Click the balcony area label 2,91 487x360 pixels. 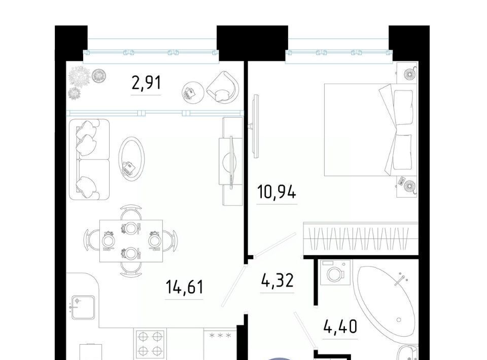click(x=146, y=83)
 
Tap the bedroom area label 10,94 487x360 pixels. click(x=277, y=192)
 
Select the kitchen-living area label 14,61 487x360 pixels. click(x=185, y=287)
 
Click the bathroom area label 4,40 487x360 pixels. click(x=340, y=327)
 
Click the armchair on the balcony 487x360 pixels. click(x=223, y=88)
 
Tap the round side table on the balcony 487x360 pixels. click(x=193, y=92)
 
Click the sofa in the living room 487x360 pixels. click(x=89, y=159)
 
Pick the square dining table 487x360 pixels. click(x=131, y=241)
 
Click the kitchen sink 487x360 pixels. click(x=83, y=307)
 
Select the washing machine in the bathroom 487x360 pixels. click(x=335, y=272)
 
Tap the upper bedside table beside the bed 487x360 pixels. click(x=407, y=73)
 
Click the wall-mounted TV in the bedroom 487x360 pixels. click(x=256, y=126)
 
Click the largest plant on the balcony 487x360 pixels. click(x=80, y=76)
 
